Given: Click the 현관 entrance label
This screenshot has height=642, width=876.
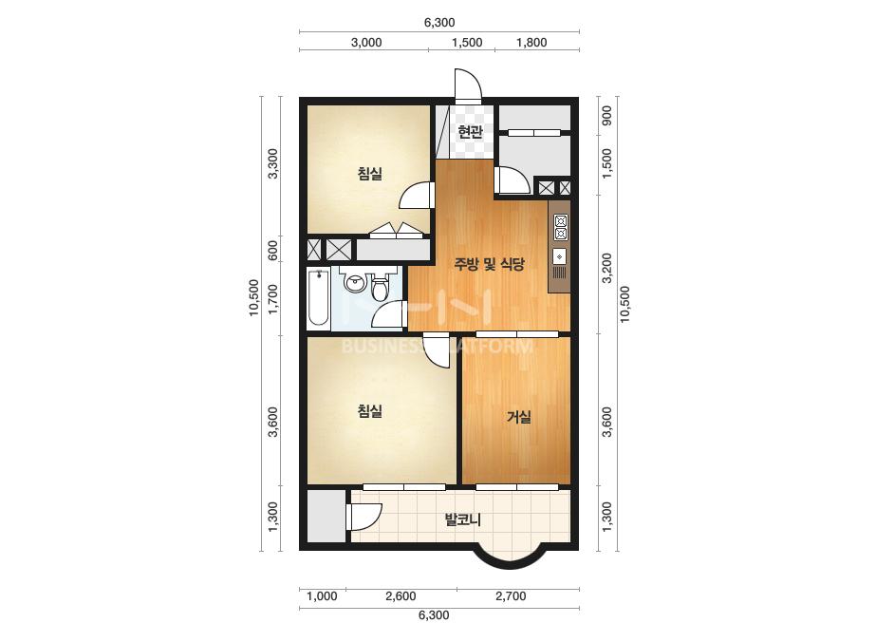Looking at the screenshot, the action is pyautogui.click(x=469, y=132).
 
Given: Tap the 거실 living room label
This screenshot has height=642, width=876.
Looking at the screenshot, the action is pyautogui.click(x=518, y=417).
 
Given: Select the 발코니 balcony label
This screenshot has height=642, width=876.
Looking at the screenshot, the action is pyautogui.click(x=462, y=519).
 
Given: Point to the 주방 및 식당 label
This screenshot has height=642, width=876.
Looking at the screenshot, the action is pyautogui.click(x=490, y=264).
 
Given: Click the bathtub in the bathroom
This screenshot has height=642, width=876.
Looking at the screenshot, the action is pyautogui.click(x=319, y=297).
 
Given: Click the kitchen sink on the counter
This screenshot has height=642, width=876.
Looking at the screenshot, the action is pyautogui.click(x=559, y=256).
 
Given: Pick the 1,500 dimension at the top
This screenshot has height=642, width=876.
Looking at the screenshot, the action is pyautogui.click(x=467, y=43).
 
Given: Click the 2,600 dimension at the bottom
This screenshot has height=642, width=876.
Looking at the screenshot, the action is pyautogui.click(x=401, y=596).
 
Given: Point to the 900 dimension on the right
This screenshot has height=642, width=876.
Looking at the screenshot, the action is pyautogui.click(x=606, y=115).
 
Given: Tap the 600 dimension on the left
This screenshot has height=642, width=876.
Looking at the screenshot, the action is pyautogui.click(x=273, y=250).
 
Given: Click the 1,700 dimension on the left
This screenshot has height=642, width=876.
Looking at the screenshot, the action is pyautogui.click(x=273, y=299).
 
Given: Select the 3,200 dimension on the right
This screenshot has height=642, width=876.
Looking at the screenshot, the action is pyautogui.click(x=606, y=268).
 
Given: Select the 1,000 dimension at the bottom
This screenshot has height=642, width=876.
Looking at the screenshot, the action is pyautogui.click(x=322, y=596).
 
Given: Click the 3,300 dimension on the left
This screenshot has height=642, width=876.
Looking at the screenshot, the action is pyautogui.click(x=273, y=163).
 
